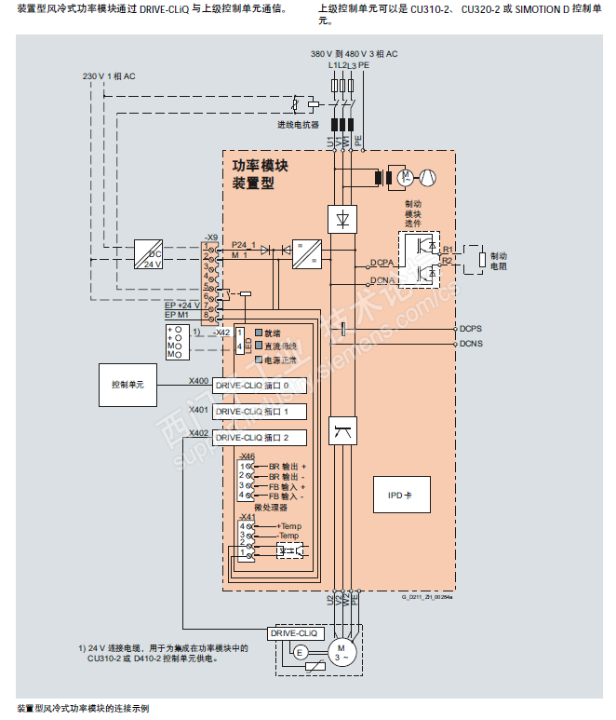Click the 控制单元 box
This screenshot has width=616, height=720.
pos(130,384)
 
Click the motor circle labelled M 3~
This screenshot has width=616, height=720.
pos(341,651)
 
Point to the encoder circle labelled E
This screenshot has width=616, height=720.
pos(301,653)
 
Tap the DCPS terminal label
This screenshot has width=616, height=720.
pos(471,329)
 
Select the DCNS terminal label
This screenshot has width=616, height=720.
pos(471,343)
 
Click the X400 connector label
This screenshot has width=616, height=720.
pos(198,381)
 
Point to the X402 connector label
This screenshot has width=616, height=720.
pos(198,433)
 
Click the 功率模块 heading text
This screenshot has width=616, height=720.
pos(260,166)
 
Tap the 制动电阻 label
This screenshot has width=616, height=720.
pos(499,261)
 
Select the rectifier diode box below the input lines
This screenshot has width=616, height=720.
pos(342,218)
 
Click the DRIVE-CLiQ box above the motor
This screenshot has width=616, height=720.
pos(294,632)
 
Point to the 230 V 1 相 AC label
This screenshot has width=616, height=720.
pos(110,75)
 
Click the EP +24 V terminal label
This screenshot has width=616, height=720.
pos(182,305)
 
